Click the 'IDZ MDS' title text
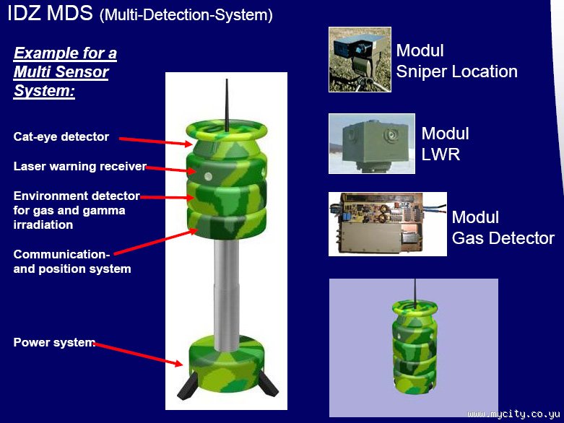point(50,13)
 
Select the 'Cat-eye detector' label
point(61,136)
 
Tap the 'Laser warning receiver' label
point(79,167)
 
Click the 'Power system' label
point(54,342)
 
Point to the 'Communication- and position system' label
point(72,261)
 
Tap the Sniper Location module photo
point(360,59)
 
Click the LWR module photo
point(371,144)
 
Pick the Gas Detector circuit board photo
point(387,224)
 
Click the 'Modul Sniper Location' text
point(456,61)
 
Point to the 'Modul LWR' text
point(445,144)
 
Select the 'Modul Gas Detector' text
point(503,227)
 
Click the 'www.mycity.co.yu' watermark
point(514,415)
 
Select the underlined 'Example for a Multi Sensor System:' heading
point(65,72)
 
